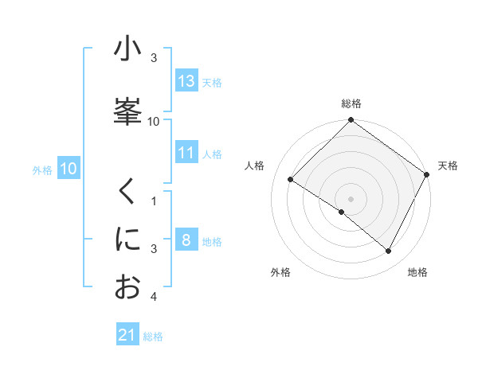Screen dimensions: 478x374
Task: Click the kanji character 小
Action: pyautogui.click(x=127, y=49)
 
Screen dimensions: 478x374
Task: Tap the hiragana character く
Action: pyautogui.click(x=127, y=193)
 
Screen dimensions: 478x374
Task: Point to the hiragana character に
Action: pyautogui.click(x=127, y=240)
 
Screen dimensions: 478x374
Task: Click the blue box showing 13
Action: pyautogui.click(x=186, y=81)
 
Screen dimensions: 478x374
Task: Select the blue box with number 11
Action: pyautogui.click(x=186, y=153)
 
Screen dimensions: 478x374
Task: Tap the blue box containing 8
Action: pyautogui.click(x=186, y=240)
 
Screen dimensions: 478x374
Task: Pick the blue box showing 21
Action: pyautogui.click(x=127, y=335)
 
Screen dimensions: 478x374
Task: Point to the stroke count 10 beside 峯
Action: pyautogui.click(x=154, y=121)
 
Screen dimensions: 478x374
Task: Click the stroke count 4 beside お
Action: pyautogui.click(x=154, y=297)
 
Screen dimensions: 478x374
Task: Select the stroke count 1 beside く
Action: pyautogui.click(x=154, y=201)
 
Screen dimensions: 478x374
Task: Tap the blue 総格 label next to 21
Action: pyautogui.click(x=153, y=337)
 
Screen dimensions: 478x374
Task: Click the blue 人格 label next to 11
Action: pyautogui.click(x=212, y=154)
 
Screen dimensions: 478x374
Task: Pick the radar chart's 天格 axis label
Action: pyautogui.click(x=448, y=166)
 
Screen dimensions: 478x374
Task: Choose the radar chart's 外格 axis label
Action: pyautogui.click(x=280, y=273)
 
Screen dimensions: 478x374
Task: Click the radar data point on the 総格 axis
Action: pyautogui.click(x=351, y=120)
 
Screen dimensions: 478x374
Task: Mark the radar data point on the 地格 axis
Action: pyautogui.click(x=389, y=251)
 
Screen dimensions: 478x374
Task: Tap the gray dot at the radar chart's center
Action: pyautogui.click(x=351, y=198)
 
